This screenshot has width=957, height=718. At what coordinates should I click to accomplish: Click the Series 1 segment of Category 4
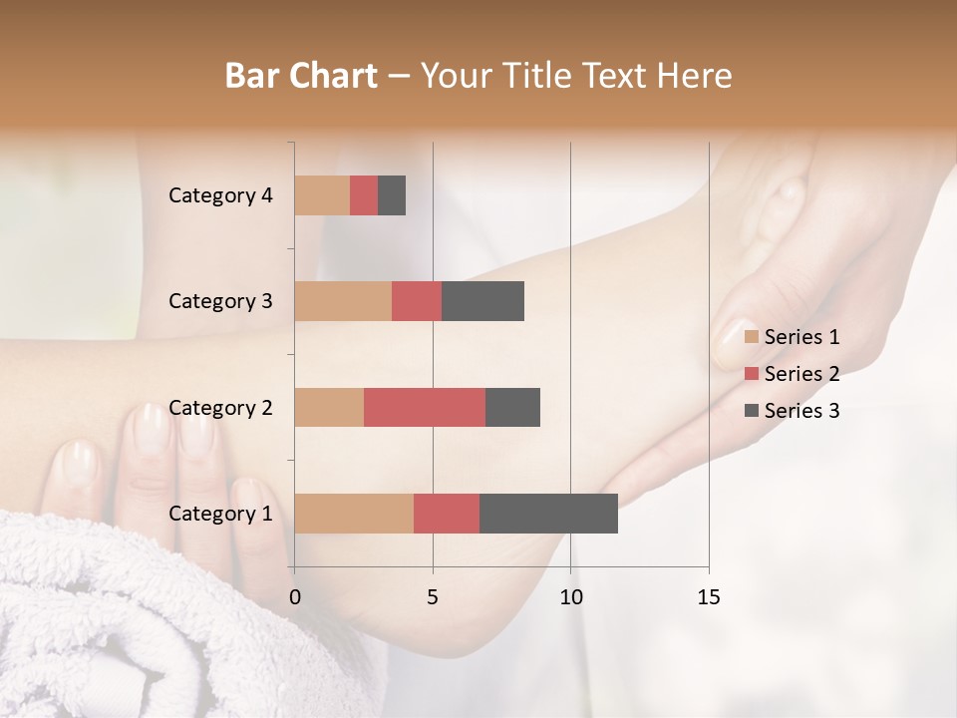(x=322, y=195)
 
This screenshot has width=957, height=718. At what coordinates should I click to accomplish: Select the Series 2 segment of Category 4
(x=364, y=195)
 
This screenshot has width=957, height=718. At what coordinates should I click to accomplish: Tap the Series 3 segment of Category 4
(x=392, y=195)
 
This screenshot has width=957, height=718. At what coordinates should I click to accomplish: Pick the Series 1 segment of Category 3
(x=343, y=301)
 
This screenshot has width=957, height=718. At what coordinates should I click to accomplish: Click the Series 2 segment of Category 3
(x=417, y=301)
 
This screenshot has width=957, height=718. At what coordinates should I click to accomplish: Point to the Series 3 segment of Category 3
(x=482, y=301)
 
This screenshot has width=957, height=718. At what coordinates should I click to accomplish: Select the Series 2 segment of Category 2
(x=425, y=407)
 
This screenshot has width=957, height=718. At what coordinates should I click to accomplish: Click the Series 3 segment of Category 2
(x=512, y=407)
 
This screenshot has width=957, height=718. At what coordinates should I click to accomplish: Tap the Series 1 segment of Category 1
(x=354, y=514)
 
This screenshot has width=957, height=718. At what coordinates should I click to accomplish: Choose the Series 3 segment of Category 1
(x=548, y=514)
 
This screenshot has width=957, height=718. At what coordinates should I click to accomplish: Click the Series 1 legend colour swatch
(x=752, y=337)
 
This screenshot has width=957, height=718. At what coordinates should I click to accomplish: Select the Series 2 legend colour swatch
(x=752, y=374)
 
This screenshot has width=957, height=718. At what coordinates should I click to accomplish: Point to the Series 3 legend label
(x=801, y=410)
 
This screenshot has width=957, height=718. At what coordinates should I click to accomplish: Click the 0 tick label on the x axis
(x=295, y=597)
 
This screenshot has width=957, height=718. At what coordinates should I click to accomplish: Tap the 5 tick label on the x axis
(x=433, y=597)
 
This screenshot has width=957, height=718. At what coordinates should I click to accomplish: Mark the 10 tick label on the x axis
(x=570, y=597)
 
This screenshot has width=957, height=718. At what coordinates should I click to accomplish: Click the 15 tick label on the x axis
(x=708, y=597)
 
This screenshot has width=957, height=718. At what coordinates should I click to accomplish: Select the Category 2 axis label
(x=220, y=407)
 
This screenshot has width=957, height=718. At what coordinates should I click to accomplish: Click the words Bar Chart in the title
(x=301, y=76)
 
